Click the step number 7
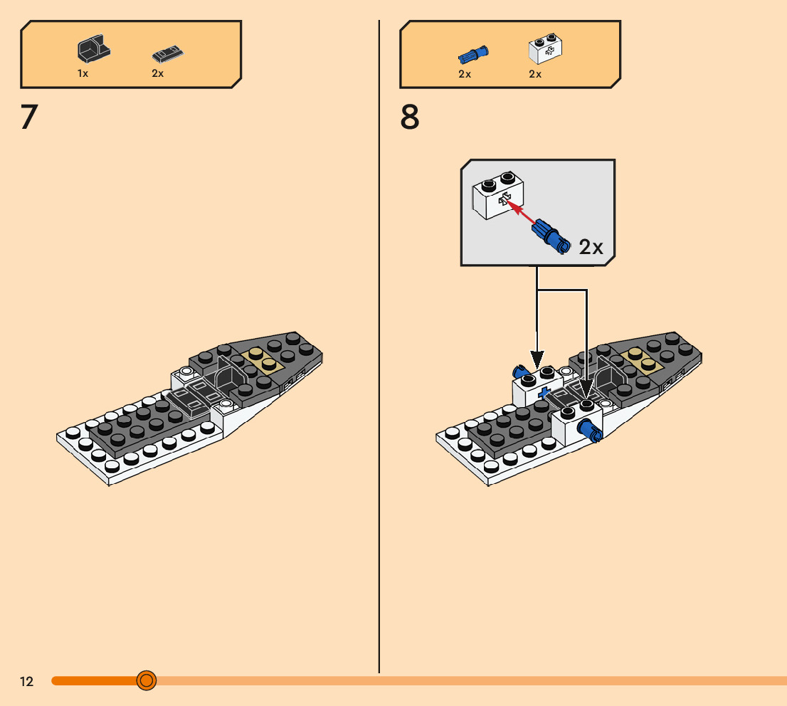point(28,117)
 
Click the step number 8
point(410,117)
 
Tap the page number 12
point(26,682)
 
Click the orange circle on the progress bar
point(147,681)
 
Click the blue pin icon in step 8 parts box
point(473,54)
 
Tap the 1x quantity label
point(83,73)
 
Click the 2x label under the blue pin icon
point(465,74)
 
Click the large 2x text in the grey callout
point(591,247)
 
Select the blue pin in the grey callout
point(551,236)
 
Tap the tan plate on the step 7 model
point(262,359)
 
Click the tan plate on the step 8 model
point(641,359)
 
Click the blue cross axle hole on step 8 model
point(544,393)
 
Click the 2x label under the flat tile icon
point(157,73)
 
